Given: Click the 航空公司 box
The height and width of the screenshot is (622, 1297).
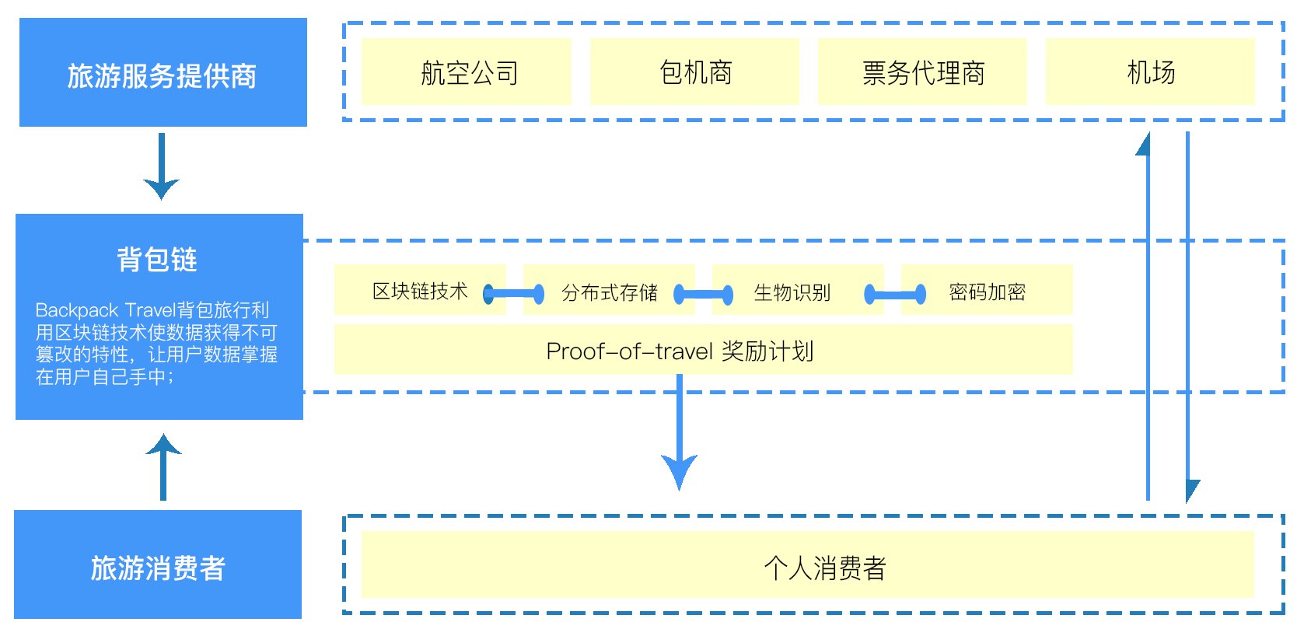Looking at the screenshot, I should point(467,72).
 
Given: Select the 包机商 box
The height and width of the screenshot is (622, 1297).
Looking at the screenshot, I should point(694,72).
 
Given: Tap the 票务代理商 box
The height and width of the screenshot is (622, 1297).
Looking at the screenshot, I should point(922,72).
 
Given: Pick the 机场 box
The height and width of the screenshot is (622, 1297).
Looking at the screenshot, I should point(1150,72).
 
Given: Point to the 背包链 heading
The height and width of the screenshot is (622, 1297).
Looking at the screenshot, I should point(157,259).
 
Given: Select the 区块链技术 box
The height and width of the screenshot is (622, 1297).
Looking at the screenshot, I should point(420,291).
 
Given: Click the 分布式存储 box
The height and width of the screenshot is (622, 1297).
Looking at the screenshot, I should point(609,292).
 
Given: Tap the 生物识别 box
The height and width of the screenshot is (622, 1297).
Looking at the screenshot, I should point(792,292).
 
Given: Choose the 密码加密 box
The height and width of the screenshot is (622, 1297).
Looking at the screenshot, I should point(987,292).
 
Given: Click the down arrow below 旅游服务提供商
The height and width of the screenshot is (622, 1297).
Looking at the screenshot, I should point(162,166).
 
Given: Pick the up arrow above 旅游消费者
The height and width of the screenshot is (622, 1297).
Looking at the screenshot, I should point(163,466).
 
